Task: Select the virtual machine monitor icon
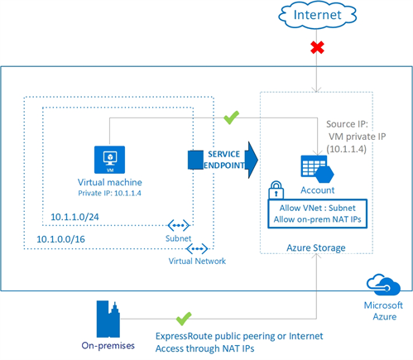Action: pos(110,157)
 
